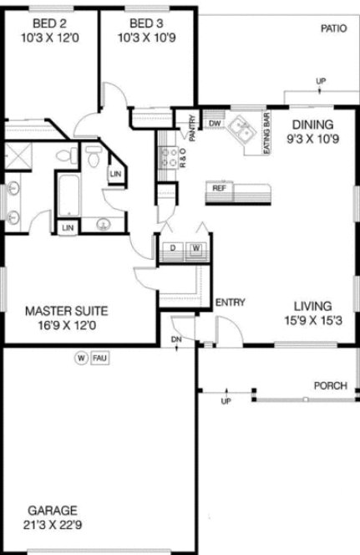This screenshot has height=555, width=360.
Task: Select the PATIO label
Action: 333,28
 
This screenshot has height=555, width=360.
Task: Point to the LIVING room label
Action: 313,306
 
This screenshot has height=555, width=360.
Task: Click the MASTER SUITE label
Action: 66,310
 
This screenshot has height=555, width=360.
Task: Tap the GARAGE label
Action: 52,510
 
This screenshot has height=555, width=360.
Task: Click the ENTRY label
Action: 230,302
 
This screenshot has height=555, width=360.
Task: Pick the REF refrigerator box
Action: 219,188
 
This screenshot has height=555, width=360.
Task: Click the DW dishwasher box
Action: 215,124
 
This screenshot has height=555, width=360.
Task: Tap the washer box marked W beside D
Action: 195,248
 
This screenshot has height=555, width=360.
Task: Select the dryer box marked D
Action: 172,248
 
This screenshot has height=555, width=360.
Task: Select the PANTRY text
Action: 191,130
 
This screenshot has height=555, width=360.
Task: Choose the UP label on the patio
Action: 321,81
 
